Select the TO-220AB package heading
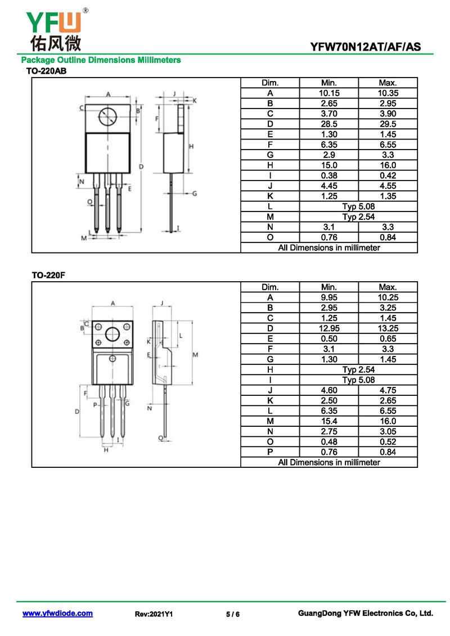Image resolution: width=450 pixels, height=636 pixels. coord(47,71)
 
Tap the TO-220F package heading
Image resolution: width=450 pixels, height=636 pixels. coord(45,276)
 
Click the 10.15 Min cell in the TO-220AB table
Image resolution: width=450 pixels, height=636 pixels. coord(329,93)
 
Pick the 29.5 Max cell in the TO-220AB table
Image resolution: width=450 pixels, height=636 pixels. coord(388,124)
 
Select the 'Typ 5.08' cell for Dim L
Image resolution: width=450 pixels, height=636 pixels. coord(358,206)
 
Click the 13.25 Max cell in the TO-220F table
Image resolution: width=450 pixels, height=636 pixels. coord(388,328)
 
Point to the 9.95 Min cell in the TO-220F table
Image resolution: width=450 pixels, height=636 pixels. coord(329,297)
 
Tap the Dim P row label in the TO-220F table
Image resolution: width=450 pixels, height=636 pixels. coord(270,452)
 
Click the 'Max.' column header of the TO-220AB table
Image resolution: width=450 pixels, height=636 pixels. coord(388,83)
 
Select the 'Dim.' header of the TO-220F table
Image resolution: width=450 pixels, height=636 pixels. coord(270,287)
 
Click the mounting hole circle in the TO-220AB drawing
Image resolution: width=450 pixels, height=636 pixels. coord(107,117)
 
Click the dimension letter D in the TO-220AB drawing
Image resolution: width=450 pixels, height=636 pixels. coord(141,166)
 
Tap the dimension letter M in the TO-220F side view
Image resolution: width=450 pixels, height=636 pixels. coord(195,355)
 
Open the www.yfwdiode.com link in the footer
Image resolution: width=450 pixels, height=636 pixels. coord(57,614)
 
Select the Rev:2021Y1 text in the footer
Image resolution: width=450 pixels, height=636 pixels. coord(154,615)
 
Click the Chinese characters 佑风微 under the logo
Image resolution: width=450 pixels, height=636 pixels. coord(55,43)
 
